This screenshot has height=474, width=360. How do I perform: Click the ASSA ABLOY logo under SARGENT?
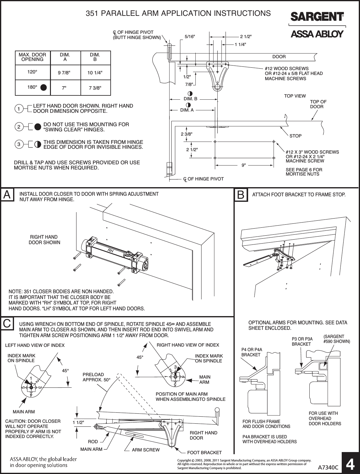click(317, 34)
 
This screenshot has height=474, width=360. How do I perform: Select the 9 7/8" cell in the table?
click(64, 73)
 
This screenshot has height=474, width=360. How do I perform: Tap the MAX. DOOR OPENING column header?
click(32, 57)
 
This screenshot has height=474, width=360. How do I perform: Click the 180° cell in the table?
click(32, 87)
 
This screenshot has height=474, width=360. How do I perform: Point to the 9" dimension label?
click(244, 165)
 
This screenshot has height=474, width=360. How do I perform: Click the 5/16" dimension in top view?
click(190, 37)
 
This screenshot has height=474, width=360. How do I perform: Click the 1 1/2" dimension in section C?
click(78, 422)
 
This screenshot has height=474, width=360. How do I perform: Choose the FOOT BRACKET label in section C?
click(204, 452)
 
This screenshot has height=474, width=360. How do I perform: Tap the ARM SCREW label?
click(146, 450)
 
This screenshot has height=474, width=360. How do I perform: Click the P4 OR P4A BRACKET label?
click(252, 352)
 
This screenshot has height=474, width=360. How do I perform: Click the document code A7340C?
click(328, 467)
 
